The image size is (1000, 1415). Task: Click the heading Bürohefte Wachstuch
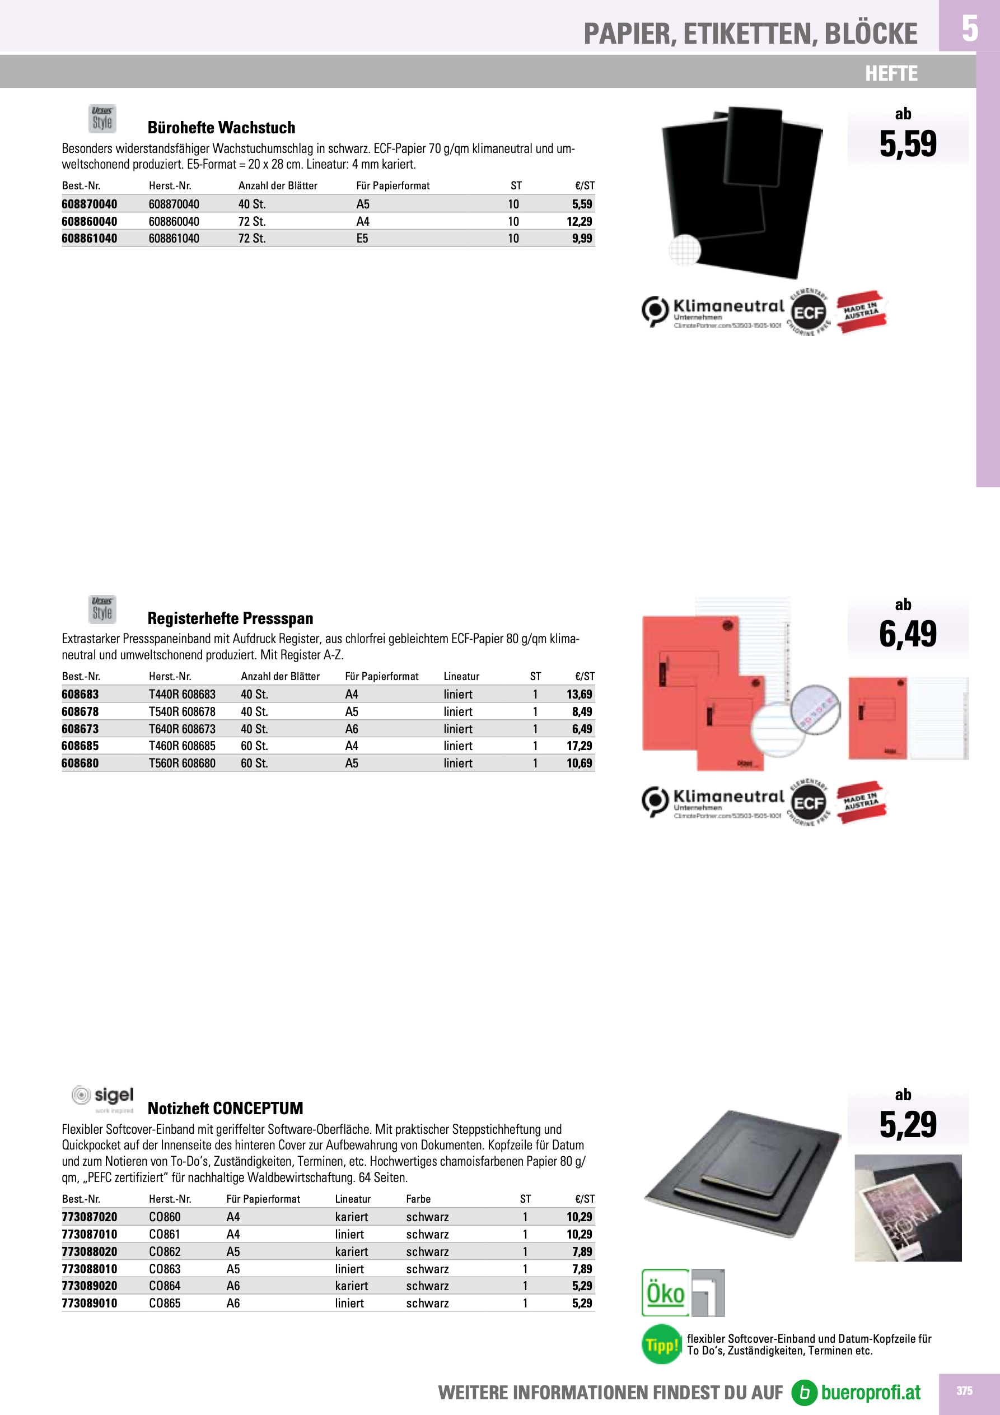click(x=221, y=128)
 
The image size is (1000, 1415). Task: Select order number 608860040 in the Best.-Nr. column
click(x=90, y=221)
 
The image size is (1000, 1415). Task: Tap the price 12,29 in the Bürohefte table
click(x=579, y=221)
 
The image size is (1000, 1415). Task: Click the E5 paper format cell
click(x=362, y=239)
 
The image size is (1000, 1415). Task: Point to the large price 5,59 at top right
click(x=908, y=143)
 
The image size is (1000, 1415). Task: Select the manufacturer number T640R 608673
click(x=182, y=729)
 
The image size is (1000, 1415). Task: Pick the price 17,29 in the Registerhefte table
click(x=579, y=746)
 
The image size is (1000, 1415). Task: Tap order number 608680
click(x=80, y=763)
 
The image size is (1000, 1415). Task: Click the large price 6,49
click(x=908, y=634)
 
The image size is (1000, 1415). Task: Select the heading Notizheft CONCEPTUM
click(x=225, y=1108)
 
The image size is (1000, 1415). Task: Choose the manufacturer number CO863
click(x=165, y=1269)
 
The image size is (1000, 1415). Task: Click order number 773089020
click(x=90, y=1286)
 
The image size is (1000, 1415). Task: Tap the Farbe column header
click(x=418, y=1199)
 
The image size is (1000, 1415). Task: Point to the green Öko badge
click(x=665, y=1292)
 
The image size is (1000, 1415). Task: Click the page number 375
click(x=964, y=1391)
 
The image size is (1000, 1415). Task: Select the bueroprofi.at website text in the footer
click(x=870, y=1392)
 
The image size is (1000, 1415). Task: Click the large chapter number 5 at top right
click(x=969, y=28)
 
